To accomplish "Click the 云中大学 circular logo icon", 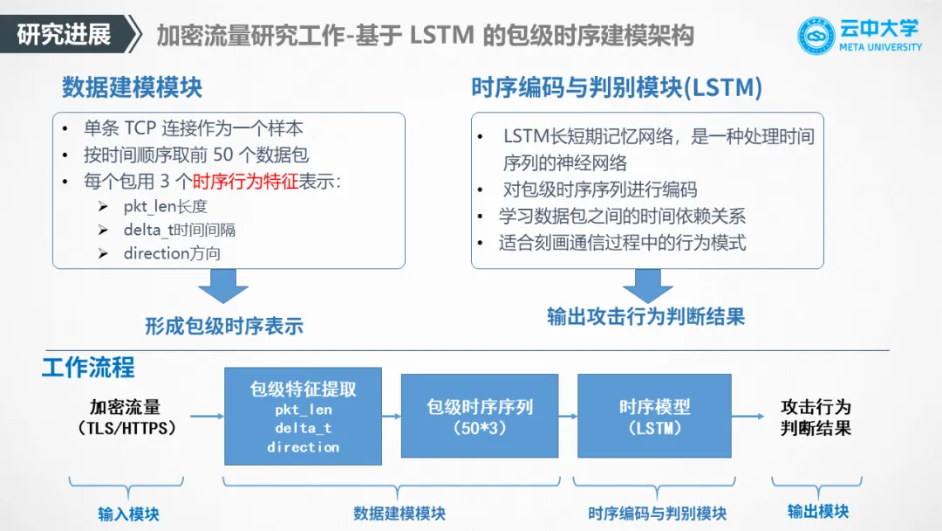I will [817, 36].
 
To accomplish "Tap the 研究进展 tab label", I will [65, 35].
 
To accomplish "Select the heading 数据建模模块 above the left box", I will [132, 87].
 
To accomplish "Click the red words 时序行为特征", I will [245, 183].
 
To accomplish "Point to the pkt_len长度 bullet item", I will [165, 207].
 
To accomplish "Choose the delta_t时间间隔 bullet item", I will [179, 231].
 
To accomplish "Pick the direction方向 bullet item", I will [172, 253].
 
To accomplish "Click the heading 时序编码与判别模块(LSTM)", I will [617, 87].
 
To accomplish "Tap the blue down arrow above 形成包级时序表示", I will [223, 286].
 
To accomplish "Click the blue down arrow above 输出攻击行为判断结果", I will [646, 286].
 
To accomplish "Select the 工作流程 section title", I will [88, 367].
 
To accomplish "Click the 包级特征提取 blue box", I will [303, 416].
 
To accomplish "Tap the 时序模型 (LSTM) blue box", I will [654, 416].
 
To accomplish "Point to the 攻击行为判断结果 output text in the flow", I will [816, 417].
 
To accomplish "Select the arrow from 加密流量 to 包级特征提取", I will [207, 417].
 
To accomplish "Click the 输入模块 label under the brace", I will [128, 514].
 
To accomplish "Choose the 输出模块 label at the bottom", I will [817, 512].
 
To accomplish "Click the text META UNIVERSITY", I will [880, 47].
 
